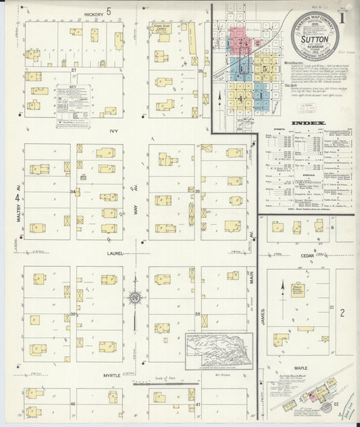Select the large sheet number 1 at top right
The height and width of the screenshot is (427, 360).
point(346,17)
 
